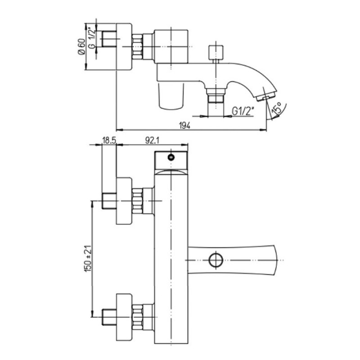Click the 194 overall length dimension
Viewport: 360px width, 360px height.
pyautogui.click(x=185, y=126)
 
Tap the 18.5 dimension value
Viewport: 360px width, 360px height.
pyautogui.click(x=109, y=140)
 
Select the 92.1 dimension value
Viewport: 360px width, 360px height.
pyautogui.click(x=152, y=140)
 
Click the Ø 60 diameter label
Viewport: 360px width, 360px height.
pyautogui.click(x=81, y=46)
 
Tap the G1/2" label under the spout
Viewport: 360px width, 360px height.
pyautogui.click(x=243, y=111)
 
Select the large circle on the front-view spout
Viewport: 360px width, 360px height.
pyautogui.click(x=216, y=260)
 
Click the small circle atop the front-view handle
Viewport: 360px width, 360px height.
pyautogui.click(x=171, y=157)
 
